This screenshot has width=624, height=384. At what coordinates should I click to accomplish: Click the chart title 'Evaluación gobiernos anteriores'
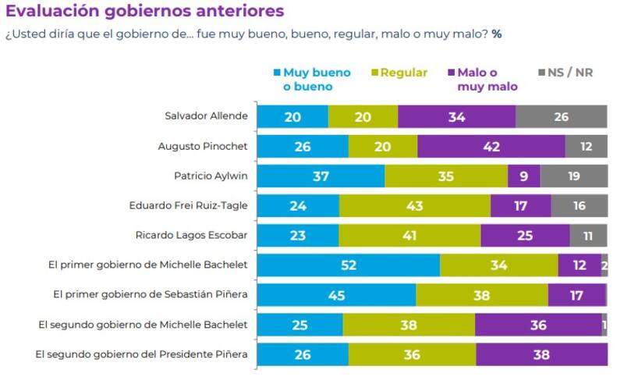[x=144, y=12]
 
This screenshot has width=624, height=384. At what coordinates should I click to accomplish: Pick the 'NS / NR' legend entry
[x=570, y=73]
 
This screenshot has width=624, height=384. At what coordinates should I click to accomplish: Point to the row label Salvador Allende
[x=206, y=116]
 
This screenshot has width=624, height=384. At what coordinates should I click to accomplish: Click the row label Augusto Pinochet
[x=203, y=146]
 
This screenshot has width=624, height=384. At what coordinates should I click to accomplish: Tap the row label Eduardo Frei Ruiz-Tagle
[x=188, y=205]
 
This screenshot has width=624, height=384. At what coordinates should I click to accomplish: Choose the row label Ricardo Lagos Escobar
[x=192, y=235]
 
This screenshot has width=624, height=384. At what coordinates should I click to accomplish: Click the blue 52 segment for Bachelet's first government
[x=349, y=265]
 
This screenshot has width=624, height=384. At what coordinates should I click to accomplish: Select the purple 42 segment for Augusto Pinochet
[x=491, y=146]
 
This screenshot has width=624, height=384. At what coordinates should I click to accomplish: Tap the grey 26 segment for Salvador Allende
[x=561, y=116]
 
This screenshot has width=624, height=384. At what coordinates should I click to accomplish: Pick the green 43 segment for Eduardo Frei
[x=414, y=205]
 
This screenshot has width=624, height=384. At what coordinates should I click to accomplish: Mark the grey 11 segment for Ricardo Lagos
[x=588, y=235]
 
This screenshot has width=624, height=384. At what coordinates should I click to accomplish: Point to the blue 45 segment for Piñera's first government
[x=336, y=295]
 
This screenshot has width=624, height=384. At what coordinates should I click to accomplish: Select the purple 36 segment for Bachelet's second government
[x=537, y=325]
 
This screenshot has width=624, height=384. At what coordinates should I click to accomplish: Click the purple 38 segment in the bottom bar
[x=541, y=354]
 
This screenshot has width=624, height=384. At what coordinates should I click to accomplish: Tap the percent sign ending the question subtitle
[x=496, y=35]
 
